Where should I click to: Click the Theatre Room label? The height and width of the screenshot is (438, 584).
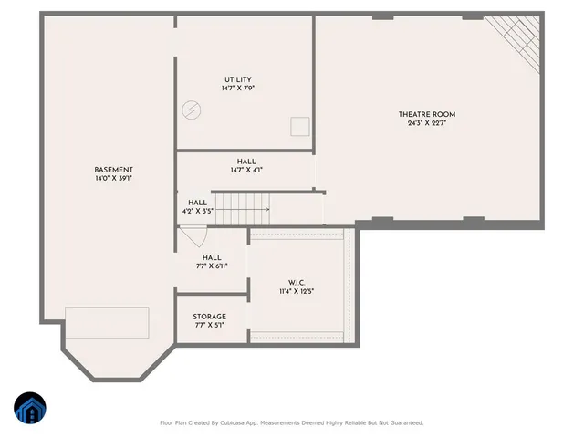tap(426, 114)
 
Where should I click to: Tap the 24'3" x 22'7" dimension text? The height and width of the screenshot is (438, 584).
tap(426, 124)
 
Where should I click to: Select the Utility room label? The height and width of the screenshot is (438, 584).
tap(237, 79)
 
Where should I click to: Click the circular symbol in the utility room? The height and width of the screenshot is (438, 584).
tap(192, 109)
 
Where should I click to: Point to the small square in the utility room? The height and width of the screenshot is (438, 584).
tap(299, 126)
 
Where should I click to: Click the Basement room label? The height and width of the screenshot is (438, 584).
tap(114, 170)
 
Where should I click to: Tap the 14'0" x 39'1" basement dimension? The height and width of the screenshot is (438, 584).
tap(114, 179)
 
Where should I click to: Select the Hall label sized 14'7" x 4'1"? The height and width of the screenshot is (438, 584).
tap(246, 162)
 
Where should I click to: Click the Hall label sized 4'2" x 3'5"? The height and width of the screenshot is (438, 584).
tap(197, 203)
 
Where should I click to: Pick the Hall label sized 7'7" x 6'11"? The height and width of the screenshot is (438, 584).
tap(212, 257)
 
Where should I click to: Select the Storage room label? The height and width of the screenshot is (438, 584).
tap(209, 317)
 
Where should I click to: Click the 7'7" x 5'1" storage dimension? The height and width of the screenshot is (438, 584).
tap(209, 326)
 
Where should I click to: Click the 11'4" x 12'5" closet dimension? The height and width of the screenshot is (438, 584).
tap(297, 292)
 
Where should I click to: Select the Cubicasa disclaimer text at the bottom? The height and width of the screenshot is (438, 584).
tap(292, 423)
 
